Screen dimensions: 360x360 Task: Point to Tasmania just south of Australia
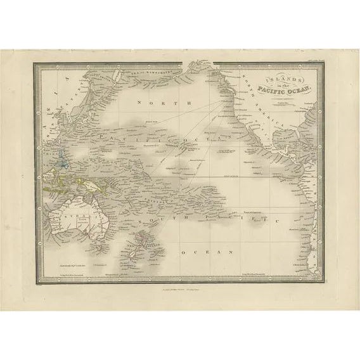(x=91, y=248)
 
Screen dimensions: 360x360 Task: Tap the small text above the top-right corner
(x=309, y=60)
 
